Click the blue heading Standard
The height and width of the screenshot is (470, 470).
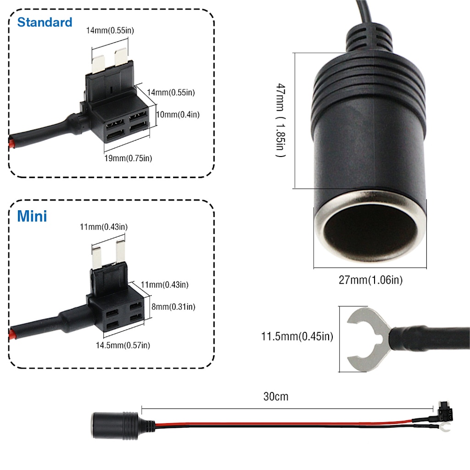[x=45, y=22]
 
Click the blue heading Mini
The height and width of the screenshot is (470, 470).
[x=32, y=216]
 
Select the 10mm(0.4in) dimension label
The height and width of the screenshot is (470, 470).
[x=178, y=114]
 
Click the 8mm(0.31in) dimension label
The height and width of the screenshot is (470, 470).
[x=173, y=307]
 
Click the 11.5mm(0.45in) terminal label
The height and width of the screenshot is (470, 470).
[x=297, y=336]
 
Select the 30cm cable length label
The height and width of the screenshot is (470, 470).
[x=276, y=397]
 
